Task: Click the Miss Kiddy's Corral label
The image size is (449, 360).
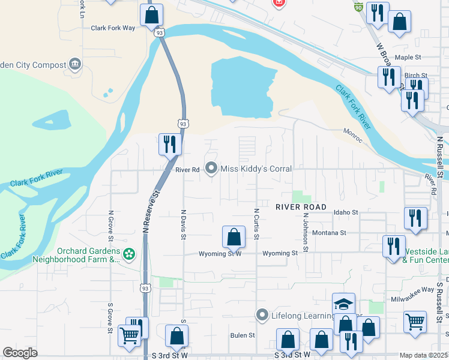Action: (256, 169)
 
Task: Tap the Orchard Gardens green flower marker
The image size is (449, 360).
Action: (129, 255)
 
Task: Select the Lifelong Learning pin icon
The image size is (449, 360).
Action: (261, 315)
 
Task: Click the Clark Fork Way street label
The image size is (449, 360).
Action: (113, 28)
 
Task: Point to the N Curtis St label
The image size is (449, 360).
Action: (256, 224)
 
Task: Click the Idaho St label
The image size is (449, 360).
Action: (346, 212)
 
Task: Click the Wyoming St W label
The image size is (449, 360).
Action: (220, 254)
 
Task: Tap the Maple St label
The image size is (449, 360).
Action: (409, 57)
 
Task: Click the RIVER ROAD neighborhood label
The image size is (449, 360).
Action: (301, 207)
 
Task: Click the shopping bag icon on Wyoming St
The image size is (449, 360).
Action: (234, 237)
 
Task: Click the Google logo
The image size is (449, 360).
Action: (20, 353)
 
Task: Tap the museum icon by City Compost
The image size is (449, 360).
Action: (75, 64)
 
